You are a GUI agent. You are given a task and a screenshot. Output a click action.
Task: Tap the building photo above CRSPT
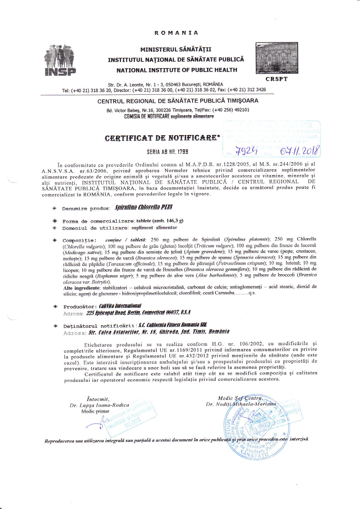(277, 58)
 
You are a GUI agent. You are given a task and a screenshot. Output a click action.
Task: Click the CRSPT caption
(277, 79)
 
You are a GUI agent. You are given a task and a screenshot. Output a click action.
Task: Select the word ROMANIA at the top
(176, 33)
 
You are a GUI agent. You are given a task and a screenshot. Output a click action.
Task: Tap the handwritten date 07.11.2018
(299, 150)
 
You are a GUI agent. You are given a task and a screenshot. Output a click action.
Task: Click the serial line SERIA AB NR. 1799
(167, 152)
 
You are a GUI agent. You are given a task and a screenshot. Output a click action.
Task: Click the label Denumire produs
(86, 209)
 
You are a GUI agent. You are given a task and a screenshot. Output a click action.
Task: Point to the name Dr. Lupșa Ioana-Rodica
(99, 405)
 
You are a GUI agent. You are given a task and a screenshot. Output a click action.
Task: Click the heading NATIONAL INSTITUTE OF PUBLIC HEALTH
(177, 70)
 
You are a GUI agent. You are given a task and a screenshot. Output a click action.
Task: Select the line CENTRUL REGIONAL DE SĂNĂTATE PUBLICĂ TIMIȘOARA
(178, 101)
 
